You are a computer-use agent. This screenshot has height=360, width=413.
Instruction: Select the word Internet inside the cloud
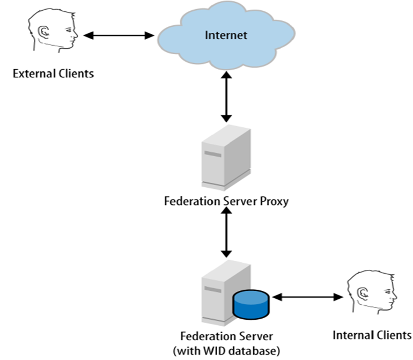(x=226, y=35)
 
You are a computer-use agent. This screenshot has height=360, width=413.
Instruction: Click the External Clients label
(x=53, y=74)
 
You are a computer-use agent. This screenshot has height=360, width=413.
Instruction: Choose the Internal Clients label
(x=372, y=335)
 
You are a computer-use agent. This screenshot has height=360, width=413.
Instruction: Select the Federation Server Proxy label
(x=226, y=202)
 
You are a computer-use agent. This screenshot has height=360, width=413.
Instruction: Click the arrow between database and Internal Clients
(x=307, y=296)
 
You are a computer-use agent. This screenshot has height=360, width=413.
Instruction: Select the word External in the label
(x=31, y=74)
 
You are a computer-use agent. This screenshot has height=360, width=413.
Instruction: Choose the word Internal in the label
(x=351, y=335)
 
